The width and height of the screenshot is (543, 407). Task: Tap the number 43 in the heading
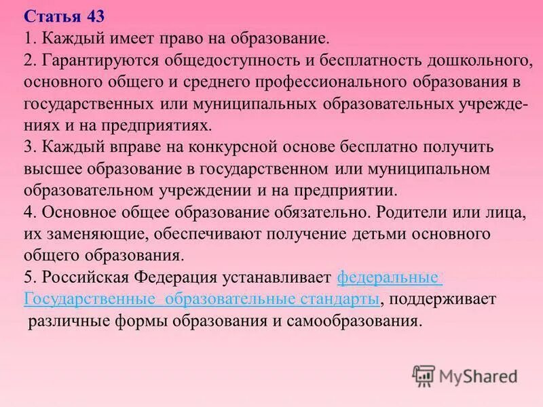tap(95, 16)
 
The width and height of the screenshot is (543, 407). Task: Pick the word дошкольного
tap(478, 61)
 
